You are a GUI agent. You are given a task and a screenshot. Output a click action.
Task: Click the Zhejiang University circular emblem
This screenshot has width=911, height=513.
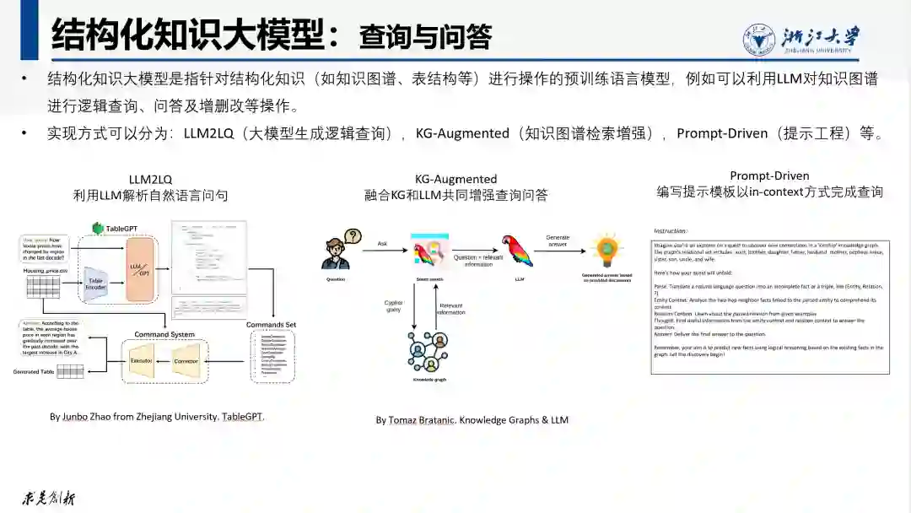tap(760, 39)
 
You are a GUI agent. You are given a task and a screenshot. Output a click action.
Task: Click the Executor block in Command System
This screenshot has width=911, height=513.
tap(141, 360)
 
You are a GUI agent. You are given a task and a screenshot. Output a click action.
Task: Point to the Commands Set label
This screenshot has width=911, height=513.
tap(271, 325)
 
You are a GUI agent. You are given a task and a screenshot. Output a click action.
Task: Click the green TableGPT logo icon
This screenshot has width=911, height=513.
tap(98, 228)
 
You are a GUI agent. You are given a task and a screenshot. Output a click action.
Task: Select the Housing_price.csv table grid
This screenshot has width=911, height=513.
tap(42, 285)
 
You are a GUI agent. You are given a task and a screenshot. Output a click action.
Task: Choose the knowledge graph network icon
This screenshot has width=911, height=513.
tap(427, 352)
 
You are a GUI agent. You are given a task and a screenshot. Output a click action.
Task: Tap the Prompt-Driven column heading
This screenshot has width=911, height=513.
tap(769, 175)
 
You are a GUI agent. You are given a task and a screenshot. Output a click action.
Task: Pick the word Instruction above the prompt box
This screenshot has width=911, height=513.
tap(670, 230)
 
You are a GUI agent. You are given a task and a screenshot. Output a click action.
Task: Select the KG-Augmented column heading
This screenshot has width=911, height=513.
tap(455, 179)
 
